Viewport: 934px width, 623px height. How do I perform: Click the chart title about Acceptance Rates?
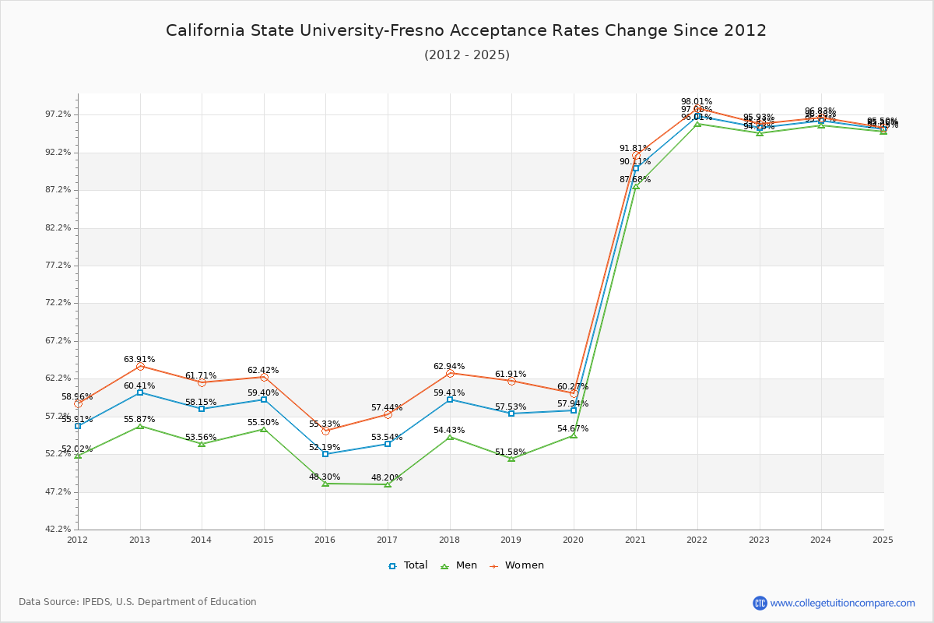pos(466,30)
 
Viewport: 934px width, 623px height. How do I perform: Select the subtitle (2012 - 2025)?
pos(466,55)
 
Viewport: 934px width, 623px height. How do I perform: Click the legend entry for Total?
pos(409,565)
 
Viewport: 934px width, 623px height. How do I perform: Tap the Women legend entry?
pos(517,565)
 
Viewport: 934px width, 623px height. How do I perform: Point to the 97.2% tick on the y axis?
pos(58,114)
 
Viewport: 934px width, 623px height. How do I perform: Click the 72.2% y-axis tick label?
pos(58,303)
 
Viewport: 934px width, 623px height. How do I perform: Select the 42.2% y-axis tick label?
pos(58,530)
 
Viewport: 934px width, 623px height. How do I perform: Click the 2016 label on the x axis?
pos(325,540)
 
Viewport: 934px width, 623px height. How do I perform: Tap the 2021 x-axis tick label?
pos(636,540)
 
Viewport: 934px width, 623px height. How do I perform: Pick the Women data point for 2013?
pos(140,366)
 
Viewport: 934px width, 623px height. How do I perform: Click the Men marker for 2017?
pos(388,484)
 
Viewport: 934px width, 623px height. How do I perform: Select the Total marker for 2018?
pos(450,399)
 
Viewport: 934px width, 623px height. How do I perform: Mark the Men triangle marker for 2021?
pos(636,187)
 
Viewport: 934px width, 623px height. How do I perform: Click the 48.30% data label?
pos(325,477)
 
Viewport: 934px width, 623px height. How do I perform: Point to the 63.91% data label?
pos(139,359)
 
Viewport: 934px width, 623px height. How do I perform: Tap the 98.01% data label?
pos(697,101)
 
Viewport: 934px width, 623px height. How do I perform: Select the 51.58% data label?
pos(511,452)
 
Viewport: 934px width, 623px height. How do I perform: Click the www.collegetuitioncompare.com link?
pos(842,603)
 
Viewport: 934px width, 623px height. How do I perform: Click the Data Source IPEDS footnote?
pos(138,602)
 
